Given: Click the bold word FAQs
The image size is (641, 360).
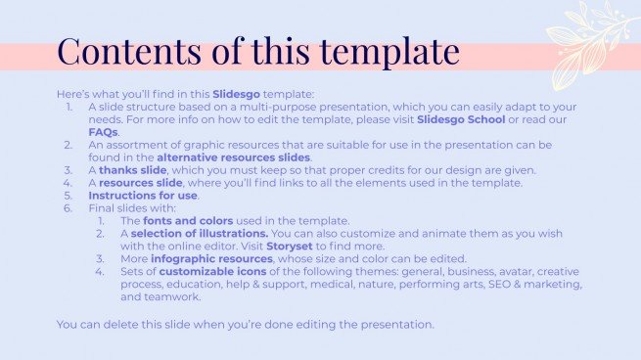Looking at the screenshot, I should [103, 132].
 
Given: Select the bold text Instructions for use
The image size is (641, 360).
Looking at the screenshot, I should [141, 196].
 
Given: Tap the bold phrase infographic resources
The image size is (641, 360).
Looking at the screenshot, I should [213, 260].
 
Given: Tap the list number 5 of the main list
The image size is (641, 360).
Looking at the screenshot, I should [68, 196].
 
